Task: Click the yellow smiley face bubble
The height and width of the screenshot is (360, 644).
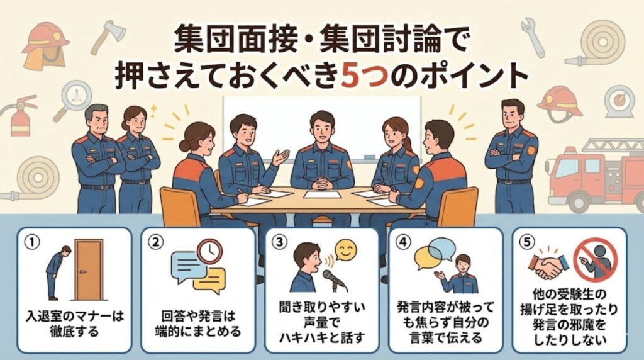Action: pyautogui.click(x=345, y=251)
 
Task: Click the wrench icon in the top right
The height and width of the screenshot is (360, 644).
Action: pyautogui.click(x=532, y=36)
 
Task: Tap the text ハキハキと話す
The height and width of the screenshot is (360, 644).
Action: pyautogui.click(x=321, y=337)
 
